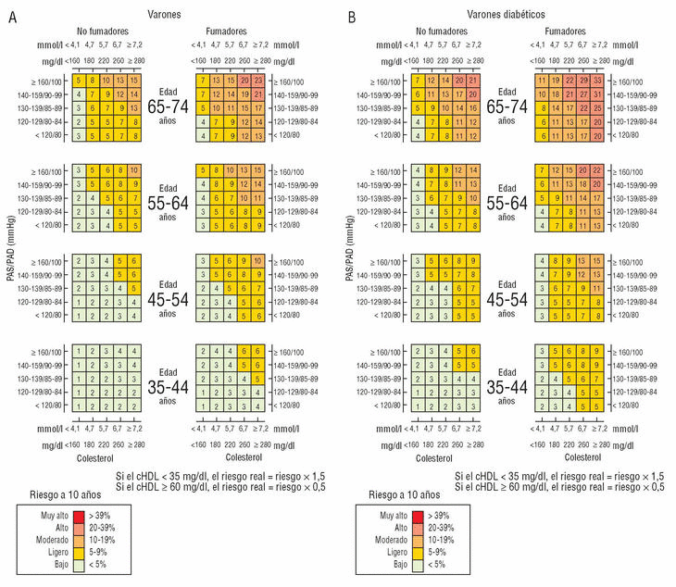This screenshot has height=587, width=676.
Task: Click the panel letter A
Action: [12, 16]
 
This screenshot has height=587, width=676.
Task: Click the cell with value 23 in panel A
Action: [258, 81]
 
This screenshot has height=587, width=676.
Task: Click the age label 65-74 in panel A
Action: [169, 106]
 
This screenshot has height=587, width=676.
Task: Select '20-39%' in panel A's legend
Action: [102, 527]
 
